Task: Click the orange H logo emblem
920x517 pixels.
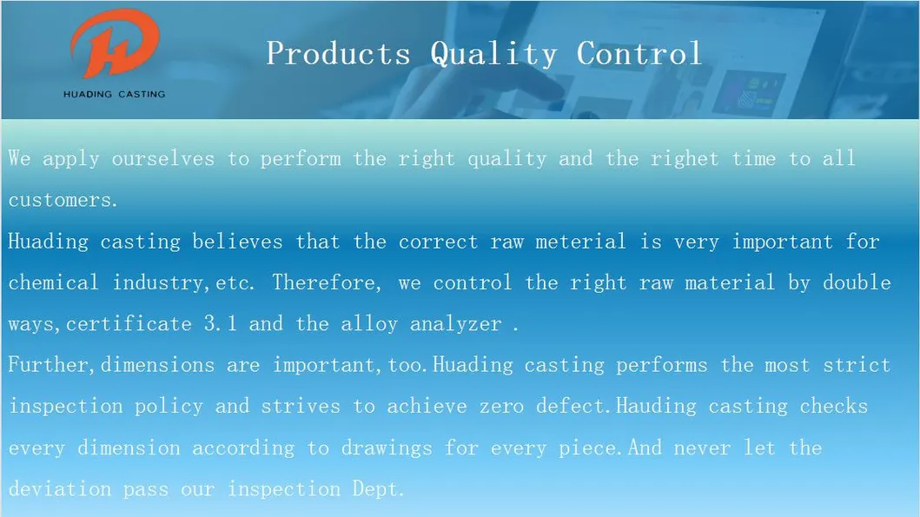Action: pos(115,44)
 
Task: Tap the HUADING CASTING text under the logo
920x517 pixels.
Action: pos(115,94)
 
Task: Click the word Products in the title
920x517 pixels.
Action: pos(339,53)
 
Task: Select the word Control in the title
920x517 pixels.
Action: pos(639,53)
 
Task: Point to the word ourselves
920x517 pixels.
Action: pos(163,159)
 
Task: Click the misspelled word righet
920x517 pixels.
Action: pos(684,159)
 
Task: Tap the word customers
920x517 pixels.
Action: pos(63,200)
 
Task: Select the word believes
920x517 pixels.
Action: pos(238,242)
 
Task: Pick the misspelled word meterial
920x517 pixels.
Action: pos(580,242)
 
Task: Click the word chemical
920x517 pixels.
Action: pos(53,282)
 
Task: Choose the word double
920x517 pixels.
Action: pos(857,282)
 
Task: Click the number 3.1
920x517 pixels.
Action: pos(221,323)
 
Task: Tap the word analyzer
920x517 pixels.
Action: pos(455,324)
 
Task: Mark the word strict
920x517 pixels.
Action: pos(857,365)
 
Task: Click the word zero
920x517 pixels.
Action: pos(501,406)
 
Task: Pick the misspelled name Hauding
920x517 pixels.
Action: pos(656,406)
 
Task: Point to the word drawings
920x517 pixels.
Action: pos(387,448)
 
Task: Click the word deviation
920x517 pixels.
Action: pos(60,489)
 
